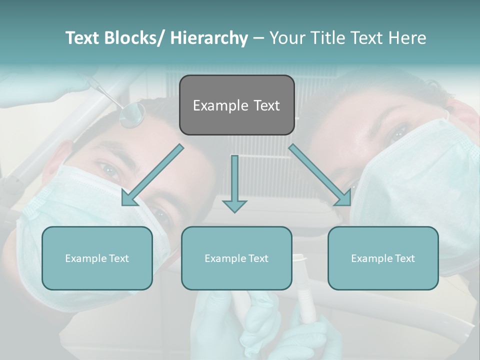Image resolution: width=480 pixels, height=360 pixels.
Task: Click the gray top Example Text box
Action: coord(236,105)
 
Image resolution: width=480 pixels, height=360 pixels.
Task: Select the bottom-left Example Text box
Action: coord(97,258)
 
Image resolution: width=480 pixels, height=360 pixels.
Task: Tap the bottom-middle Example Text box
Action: coord(236,258)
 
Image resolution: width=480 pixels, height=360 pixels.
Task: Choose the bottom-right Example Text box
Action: coord(383,258)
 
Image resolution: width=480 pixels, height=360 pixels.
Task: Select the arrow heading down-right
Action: coord(320,175)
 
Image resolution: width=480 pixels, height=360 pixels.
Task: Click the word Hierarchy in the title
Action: coord(209,38)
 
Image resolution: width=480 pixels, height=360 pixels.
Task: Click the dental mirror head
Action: coord(132,115)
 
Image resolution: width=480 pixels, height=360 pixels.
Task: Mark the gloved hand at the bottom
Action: coord(260,325)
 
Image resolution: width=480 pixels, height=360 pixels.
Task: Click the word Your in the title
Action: coord(286,38)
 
